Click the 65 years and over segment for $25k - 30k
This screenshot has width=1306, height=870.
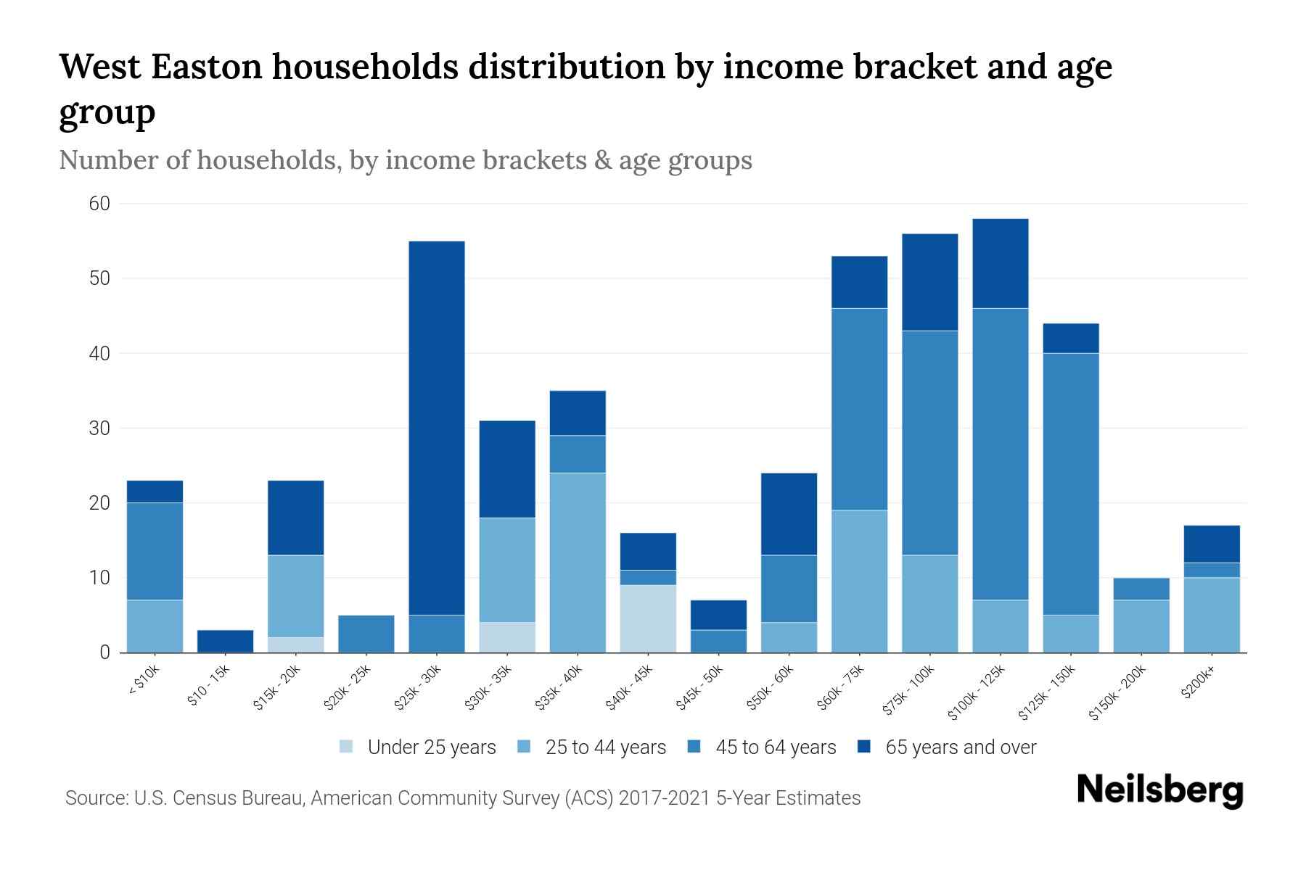click(437, 428)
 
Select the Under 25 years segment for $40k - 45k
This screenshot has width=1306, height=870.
click(648, 618)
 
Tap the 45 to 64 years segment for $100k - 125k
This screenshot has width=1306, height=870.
click(1001, 454)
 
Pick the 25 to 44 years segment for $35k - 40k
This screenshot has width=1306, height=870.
click(578, 563)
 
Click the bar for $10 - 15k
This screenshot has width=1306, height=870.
click(225, 642)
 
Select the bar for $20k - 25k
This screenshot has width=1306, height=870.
click(366, 634)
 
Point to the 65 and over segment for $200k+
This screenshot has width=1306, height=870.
click(1212, 544)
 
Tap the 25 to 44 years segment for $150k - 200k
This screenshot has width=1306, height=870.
click(1141, 626)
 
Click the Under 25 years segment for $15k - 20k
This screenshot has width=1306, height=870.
click(295, 645)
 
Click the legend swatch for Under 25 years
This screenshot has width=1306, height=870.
click(347, 747)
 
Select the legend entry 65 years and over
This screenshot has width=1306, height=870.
click(960, 747)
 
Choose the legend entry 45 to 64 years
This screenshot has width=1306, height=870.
click(775, 747)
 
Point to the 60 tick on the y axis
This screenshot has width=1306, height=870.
click(99, 204)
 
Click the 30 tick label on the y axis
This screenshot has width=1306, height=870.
click(99, 428)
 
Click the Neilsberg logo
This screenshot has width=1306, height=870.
click(1159, 790)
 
